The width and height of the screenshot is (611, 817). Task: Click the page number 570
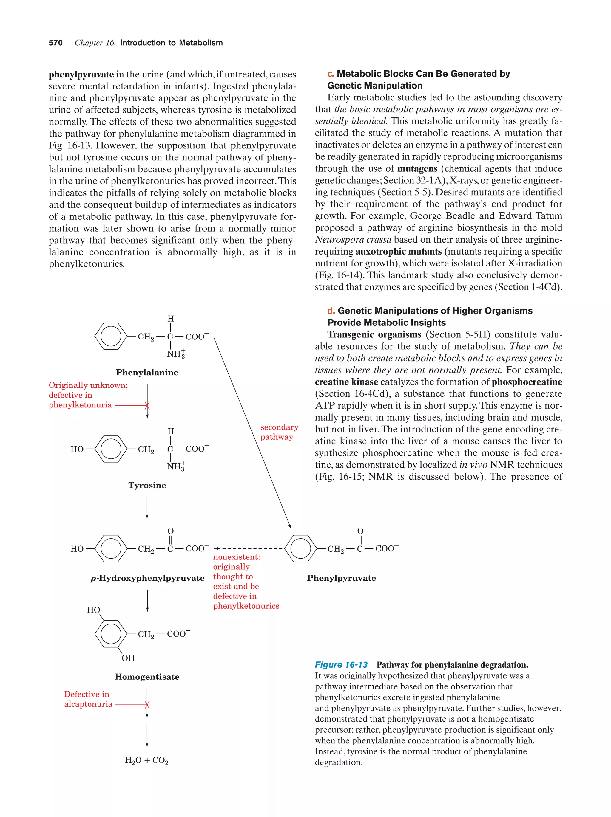[x=55, y=43]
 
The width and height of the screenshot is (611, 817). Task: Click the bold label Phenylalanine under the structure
[x=147, y=372]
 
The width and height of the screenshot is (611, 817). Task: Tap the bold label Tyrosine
[x=147, y=485]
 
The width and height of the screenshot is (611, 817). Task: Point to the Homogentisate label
[x=147, y=677]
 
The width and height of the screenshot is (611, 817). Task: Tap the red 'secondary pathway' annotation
[x=279, y=432]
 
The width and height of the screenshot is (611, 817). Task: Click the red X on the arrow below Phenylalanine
[x=147, y=406]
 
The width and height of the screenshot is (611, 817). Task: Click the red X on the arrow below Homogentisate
[x=147, y=705]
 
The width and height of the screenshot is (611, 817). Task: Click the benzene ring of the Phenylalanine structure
[x=111, y=336]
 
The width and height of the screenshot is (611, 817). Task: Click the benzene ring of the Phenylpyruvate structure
[x=300, y=548]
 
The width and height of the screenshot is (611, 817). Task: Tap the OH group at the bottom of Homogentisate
[x=128, y=658]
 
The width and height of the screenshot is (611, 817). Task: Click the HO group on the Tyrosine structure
[x=77, y=449]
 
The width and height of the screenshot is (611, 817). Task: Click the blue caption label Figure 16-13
[x=341, y=665]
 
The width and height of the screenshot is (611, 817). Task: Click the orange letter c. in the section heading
[x=331, y=74]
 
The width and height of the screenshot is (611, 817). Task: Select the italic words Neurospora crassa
[x=353, y=240]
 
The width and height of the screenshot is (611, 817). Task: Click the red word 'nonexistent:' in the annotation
[x=236, y=557]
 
